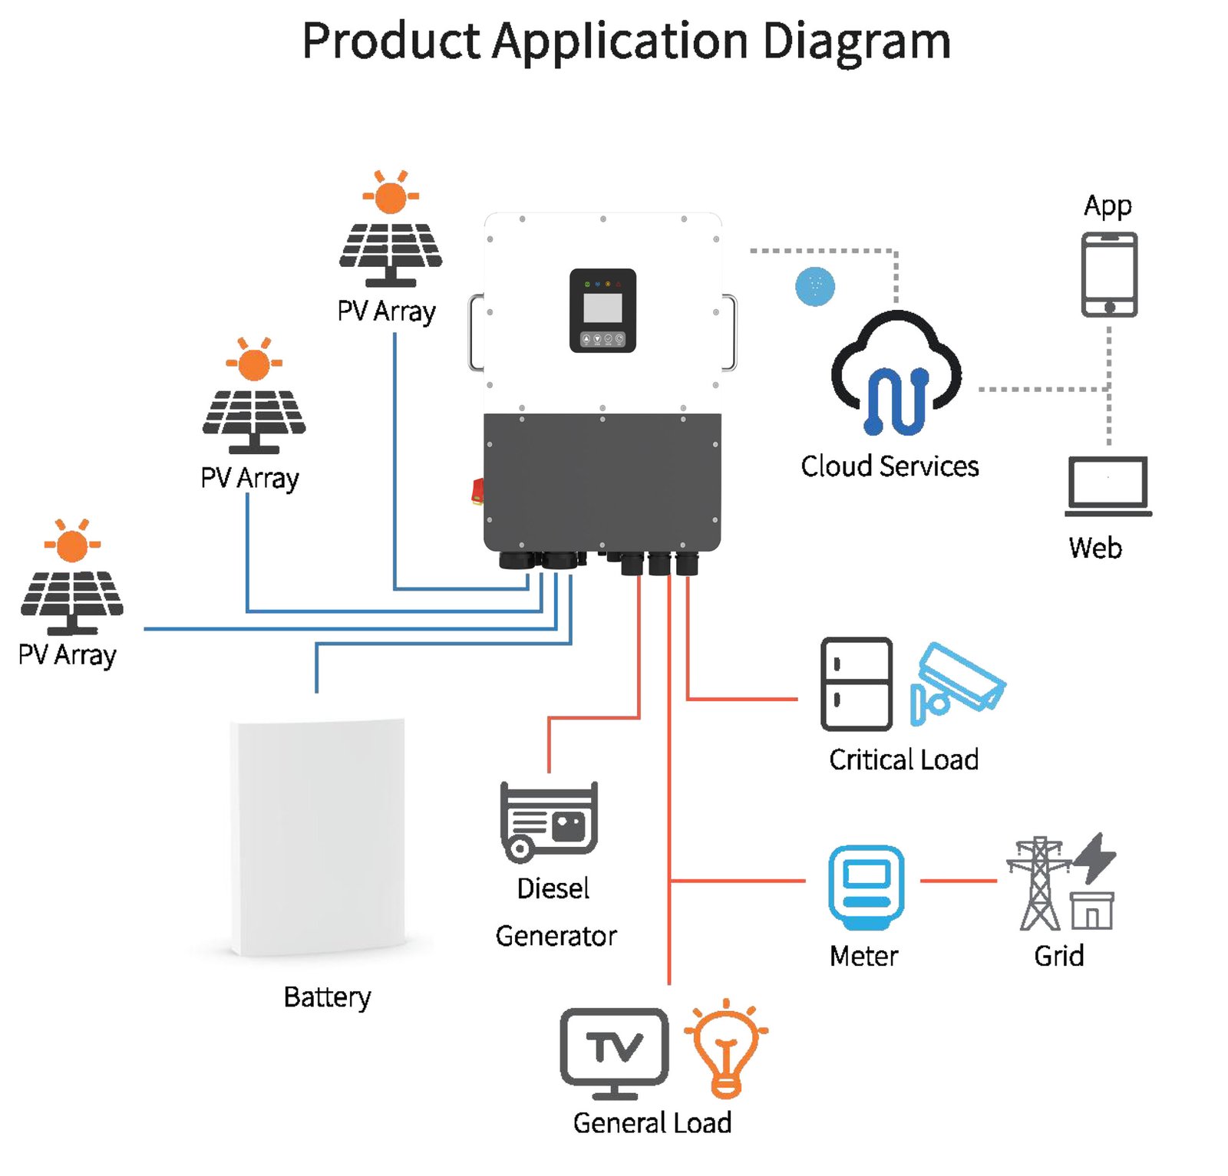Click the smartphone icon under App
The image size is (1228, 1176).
click(1109, 275)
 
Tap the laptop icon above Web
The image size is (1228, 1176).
click(1108, 486)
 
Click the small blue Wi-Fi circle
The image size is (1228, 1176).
click(815, 286)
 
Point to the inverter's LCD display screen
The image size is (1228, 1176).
click(602, 308)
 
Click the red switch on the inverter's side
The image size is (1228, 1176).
click(477, 491)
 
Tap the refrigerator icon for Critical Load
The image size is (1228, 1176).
click(857, 684)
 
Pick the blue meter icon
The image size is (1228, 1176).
click(866, 888)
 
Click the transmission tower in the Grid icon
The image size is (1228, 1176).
click(1039, 883)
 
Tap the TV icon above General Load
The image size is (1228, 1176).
click(614, 1053)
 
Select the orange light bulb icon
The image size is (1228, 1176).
click(726, 1048)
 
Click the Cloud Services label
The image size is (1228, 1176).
click(890, 466)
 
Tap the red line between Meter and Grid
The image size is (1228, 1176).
click(958, 881)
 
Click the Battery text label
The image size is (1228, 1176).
click(327, 997)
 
